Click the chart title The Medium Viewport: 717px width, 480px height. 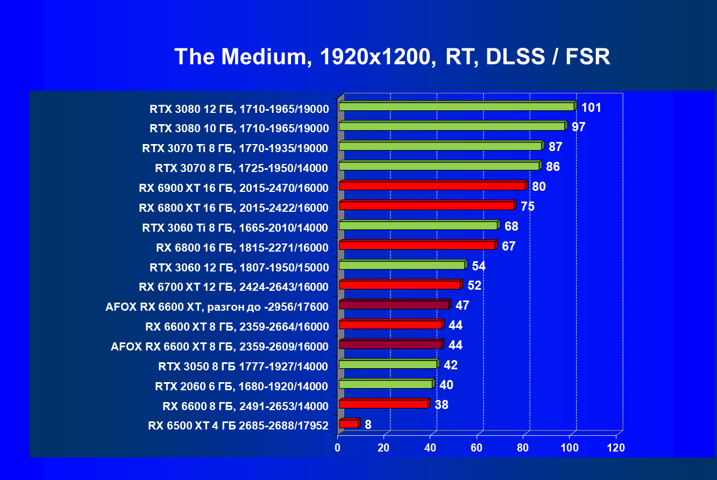coord(392,56)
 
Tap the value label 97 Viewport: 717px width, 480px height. coord(578,127)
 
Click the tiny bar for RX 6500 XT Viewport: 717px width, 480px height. coord(348,424)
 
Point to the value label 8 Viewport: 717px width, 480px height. coord(368,425)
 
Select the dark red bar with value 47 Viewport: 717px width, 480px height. coord(394,305)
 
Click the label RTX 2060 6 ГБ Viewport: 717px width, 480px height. coord(242,386)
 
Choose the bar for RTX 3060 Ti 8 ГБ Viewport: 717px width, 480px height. coord(418,225)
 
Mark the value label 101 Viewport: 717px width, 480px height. coord(591,108)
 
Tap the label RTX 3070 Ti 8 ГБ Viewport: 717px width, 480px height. coord(235,148)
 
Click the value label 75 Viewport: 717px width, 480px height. coord(527,206)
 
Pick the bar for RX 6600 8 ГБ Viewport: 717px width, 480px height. coord(383,404)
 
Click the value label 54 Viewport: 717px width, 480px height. coord(479,266)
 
